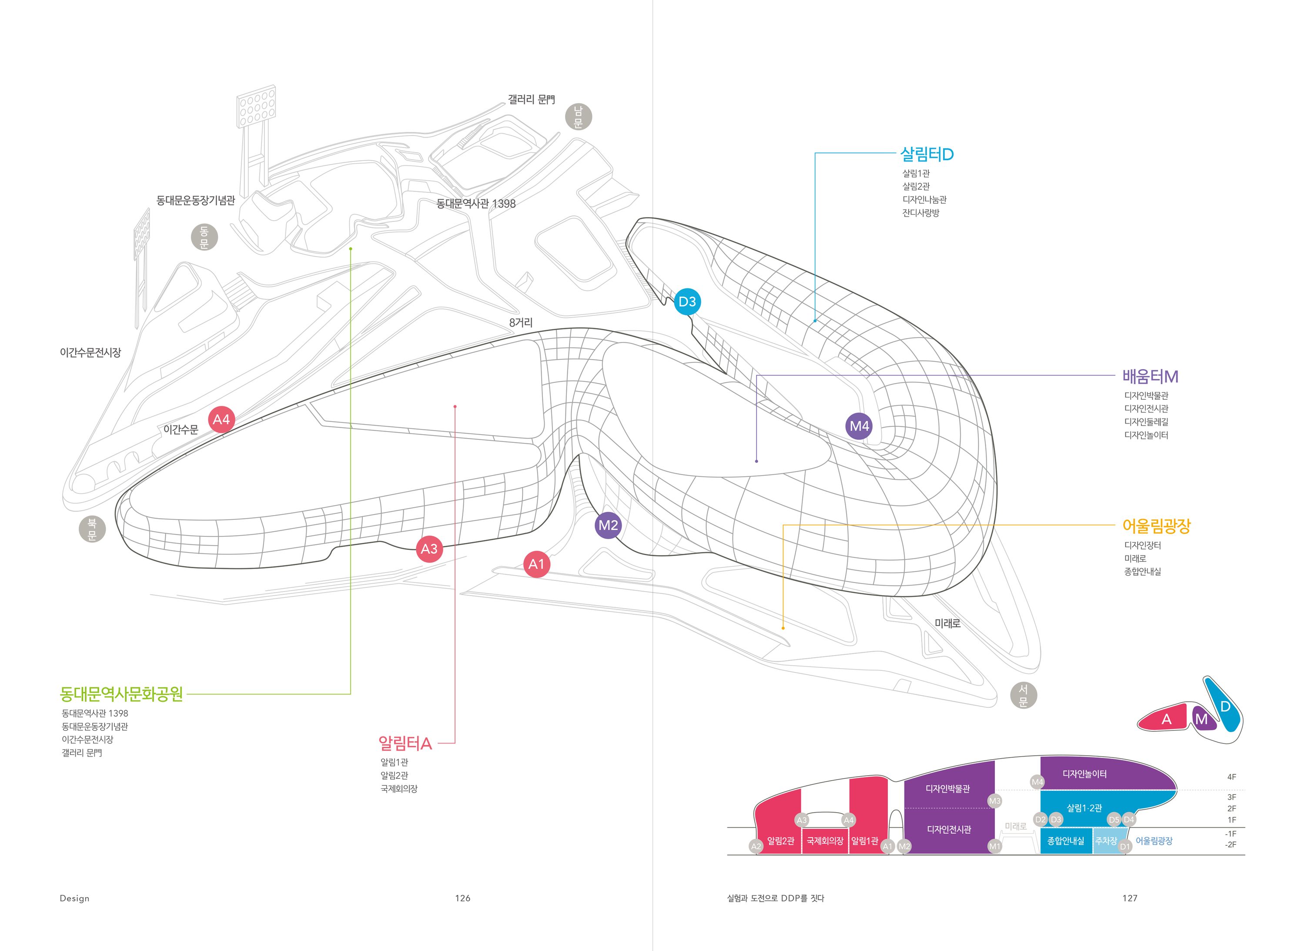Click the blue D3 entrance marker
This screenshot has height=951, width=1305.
coord(687,301)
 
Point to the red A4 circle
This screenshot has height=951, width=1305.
coord(221,420)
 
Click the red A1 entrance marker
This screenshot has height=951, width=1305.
coord(536,564)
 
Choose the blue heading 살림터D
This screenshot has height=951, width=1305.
coord(927,154)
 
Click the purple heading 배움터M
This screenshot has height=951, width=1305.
coord(1150,376)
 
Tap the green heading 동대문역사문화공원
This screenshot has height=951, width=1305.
coord(121,694)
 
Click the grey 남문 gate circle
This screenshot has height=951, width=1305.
coord(579,117)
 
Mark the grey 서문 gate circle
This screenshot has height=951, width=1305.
coord(1024,695)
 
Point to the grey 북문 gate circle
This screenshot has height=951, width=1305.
coord(92,529)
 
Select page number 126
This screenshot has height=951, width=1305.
coord(462,898)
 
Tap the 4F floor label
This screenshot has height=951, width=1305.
coord(1231,777)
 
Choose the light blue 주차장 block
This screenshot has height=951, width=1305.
coord(1106,841)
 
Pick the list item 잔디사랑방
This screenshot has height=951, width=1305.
coord(920,213)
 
